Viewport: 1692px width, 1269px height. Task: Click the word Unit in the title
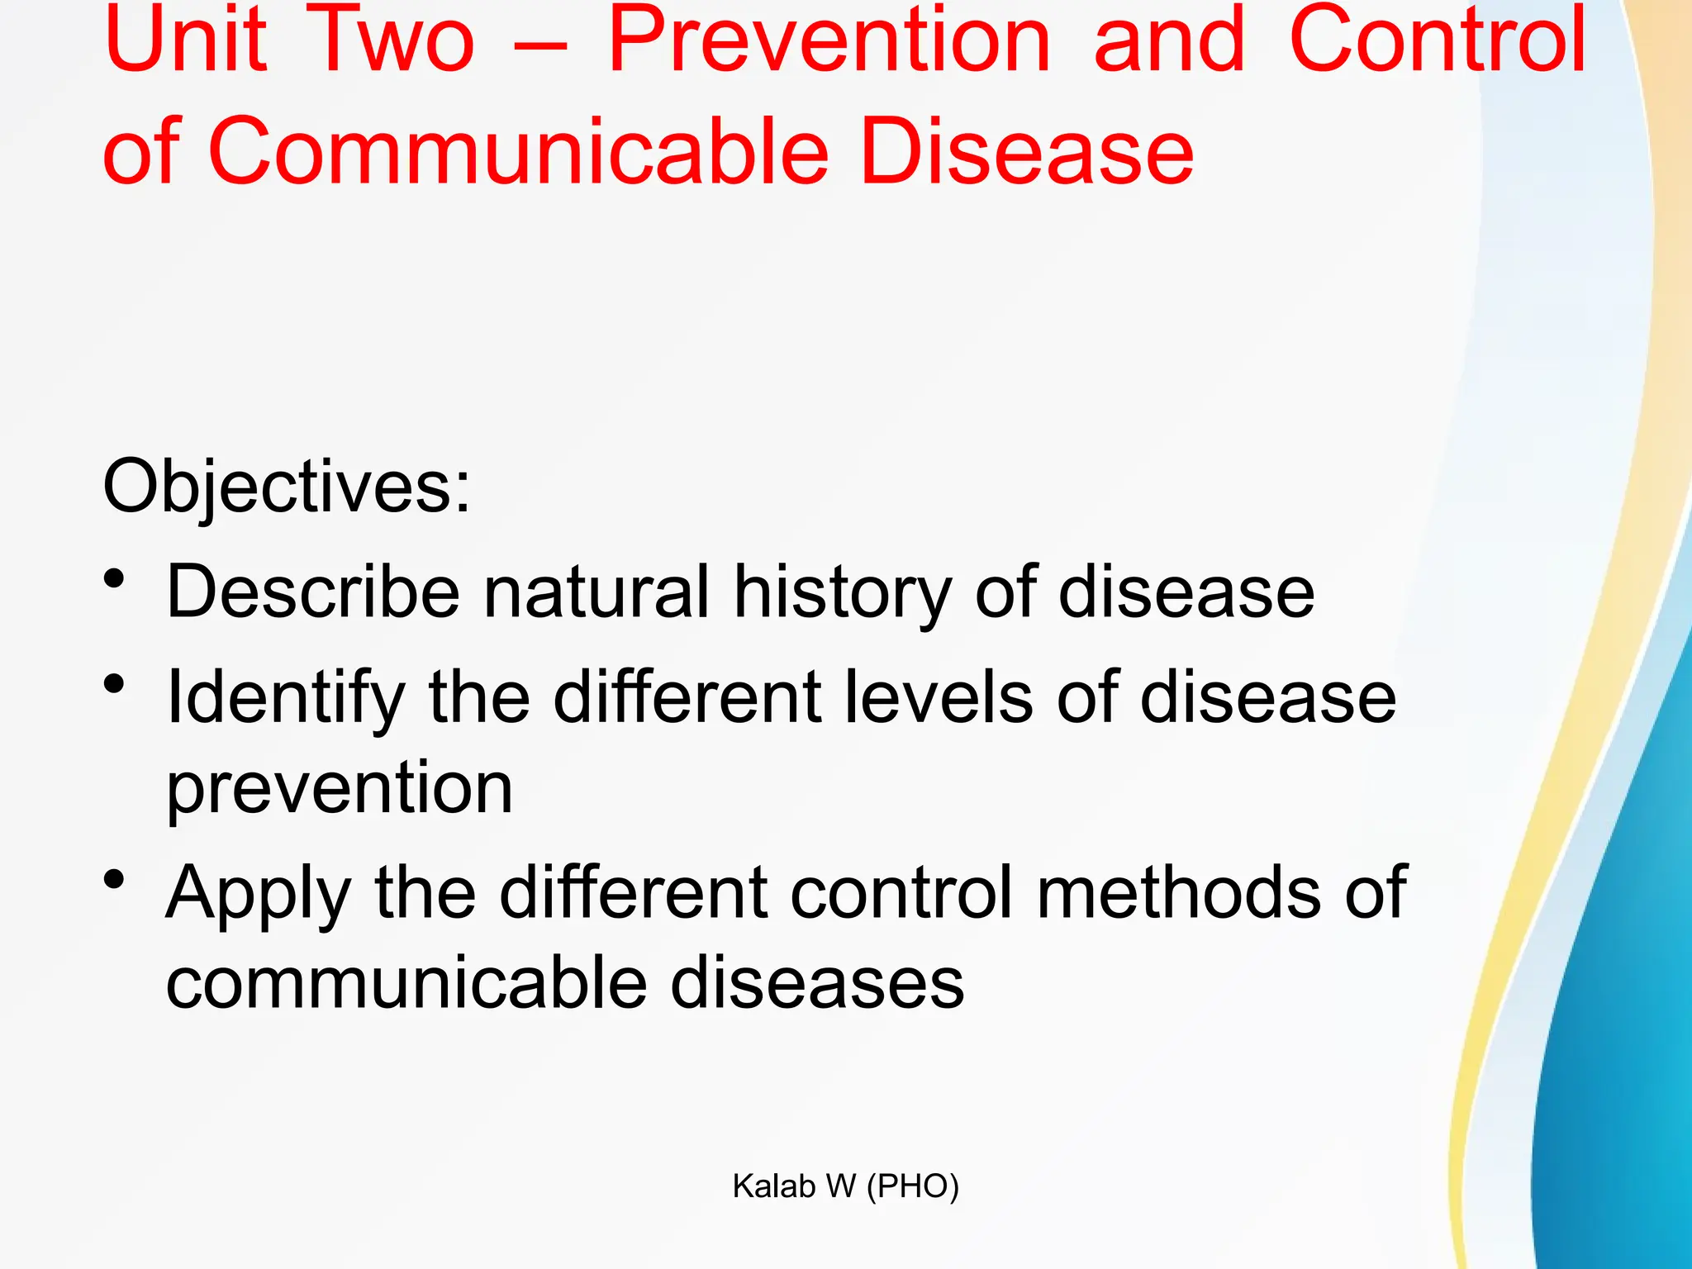[x=186, y=41]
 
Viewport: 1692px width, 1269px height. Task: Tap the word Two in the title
[x=395, y=41]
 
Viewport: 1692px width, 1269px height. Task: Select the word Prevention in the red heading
[x=829, y=41]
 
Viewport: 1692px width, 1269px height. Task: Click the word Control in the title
[x=1438, y=41]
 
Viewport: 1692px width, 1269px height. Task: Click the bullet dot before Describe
[x=115, y=578]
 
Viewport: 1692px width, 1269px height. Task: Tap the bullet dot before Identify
[x=115, y=684]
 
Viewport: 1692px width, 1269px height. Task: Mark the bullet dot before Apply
[x=115, y=879]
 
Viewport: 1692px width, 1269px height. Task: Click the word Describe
[x=313, y=592]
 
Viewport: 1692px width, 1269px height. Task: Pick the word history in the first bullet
[x=843, y=592]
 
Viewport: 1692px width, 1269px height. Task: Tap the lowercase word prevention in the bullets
[x=340, y=789]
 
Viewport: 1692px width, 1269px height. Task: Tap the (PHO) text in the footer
[x=913, y=1186]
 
